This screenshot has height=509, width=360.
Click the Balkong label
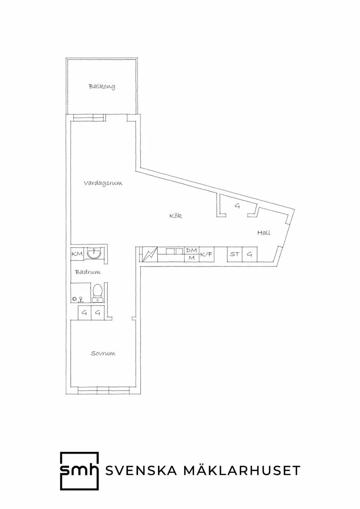point(102,87)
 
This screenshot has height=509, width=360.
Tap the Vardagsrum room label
point(103,183)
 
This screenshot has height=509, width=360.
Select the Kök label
point(175,215)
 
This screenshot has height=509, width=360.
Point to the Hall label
point(264,233)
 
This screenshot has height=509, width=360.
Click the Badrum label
point(88,272)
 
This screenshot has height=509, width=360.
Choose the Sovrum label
point(103,353)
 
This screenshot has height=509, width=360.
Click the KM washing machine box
point(77,253)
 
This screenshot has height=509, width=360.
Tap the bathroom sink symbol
point(94,253)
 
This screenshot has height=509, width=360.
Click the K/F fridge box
point(206,254)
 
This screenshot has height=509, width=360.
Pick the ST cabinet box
point(235,254)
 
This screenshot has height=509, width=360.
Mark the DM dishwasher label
point(192,251)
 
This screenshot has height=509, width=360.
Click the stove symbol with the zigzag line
point(150,254)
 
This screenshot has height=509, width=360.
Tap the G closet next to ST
point(250,254)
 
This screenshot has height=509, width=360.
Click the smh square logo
point(79,471)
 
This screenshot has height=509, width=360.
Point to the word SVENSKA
point(141,470)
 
